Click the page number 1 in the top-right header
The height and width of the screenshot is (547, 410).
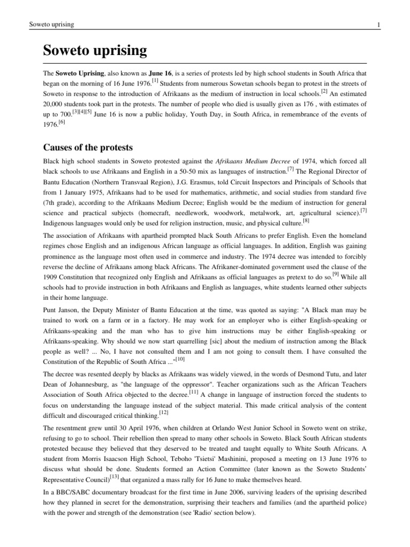pos(377,25)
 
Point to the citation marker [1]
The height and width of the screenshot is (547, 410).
pos(155,81)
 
